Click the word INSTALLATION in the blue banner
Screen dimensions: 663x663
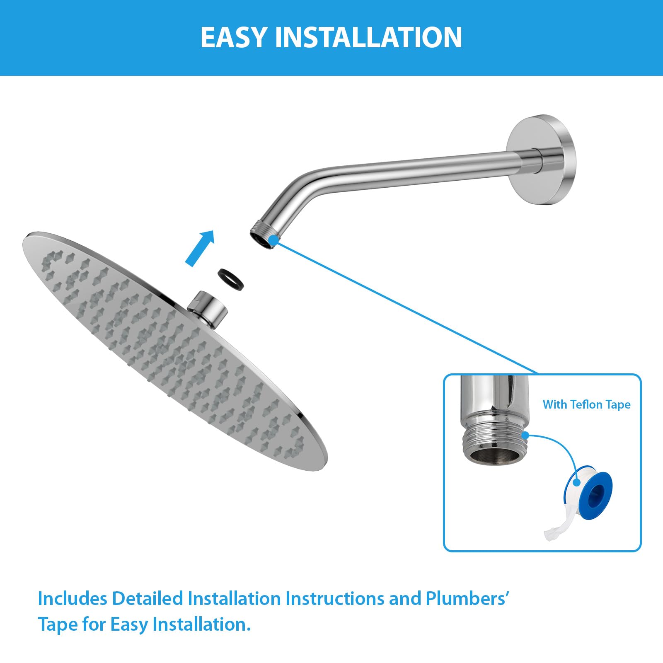pos(368,38)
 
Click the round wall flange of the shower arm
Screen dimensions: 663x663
pos(541,159)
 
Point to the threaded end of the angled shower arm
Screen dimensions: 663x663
pos(264,236)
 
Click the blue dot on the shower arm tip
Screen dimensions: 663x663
pos(273,240)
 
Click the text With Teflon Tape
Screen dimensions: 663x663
pos(586,404)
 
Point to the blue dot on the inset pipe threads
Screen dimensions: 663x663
pos(525,436)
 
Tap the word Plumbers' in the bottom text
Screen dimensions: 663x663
pos(467,599)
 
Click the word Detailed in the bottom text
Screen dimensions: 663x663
pos(148,599)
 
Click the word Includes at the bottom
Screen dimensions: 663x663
pos(73,599)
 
